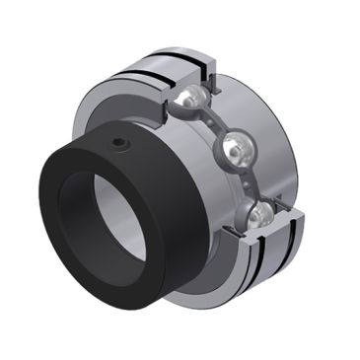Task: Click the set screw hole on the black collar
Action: coord(120,145)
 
